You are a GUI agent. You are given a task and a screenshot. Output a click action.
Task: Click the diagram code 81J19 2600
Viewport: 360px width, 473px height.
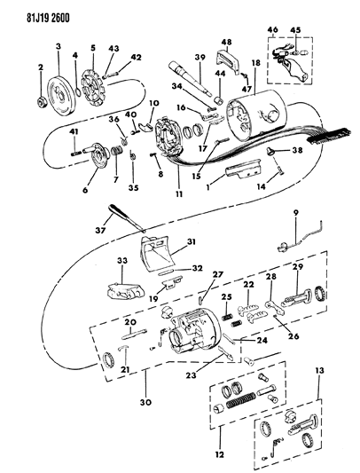click(x=48, y=18)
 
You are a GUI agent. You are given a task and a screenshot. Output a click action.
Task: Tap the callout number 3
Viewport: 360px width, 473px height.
click(x=59, y=46)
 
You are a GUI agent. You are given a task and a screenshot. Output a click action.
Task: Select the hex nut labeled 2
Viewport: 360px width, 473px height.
click(x=42, y=102)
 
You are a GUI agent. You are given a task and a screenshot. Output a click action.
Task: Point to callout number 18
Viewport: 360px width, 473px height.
click(x=255, y=63)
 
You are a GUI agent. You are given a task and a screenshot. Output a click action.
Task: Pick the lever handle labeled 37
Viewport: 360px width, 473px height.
click(x=126, y=217)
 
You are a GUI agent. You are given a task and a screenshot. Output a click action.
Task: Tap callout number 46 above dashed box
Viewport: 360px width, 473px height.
click(x=272, y=30)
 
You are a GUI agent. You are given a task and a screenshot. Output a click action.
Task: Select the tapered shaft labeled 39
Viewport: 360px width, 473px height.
click(x=192, y=78)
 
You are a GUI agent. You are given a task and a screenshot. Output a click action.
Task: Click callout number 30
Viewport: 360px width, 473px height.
click(x=146, y=402)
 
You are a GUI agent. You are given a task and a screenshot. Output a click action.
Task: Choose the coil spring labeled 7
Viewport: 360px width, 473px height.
click(x=116, y=151)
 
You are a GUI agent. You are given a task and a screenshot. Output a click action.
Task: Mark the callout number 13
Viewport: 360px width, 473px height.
click(x=319, y=370)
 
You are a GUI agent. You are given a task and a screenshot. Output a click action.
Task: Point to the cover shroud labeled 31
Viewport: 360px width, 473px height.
click(x=157, y=253)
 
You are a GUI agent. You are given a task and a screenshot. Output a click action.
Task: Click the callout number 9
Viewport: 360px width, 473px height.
click(x=295, y=212)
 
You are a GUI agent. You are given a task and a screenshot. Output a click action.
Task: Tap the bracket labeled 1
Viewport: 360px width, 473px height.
click(x=242, y=169)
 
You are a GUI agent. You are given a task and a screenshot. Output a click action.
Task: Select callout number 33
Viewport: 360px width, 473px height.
click(x=122, y=260)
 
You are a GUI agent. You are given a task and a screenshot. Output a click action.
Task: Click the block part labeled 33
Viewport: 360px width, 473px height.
click(x=123, y=290)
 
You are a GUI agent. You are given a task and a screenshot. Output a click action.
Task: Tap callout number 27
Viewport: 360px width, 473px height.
click(x=218, y=275)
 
